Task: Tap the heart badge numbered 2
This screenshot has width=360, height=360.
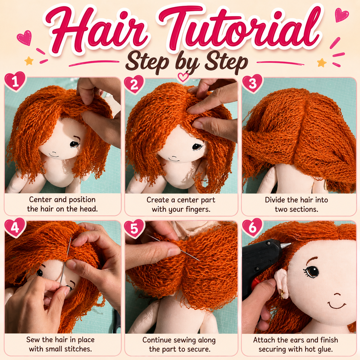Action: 134,84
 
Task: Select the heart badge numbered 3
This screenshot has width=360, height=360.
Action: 253,84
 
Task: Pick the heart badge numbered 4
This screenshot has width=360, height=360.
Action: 15,228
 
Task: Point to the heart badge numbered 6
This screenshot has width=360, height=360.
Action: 252,228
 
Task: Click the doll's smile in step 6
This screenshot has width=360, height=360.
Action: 336,306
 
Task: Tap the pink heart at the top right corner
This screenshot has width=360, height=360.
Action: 342,15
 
